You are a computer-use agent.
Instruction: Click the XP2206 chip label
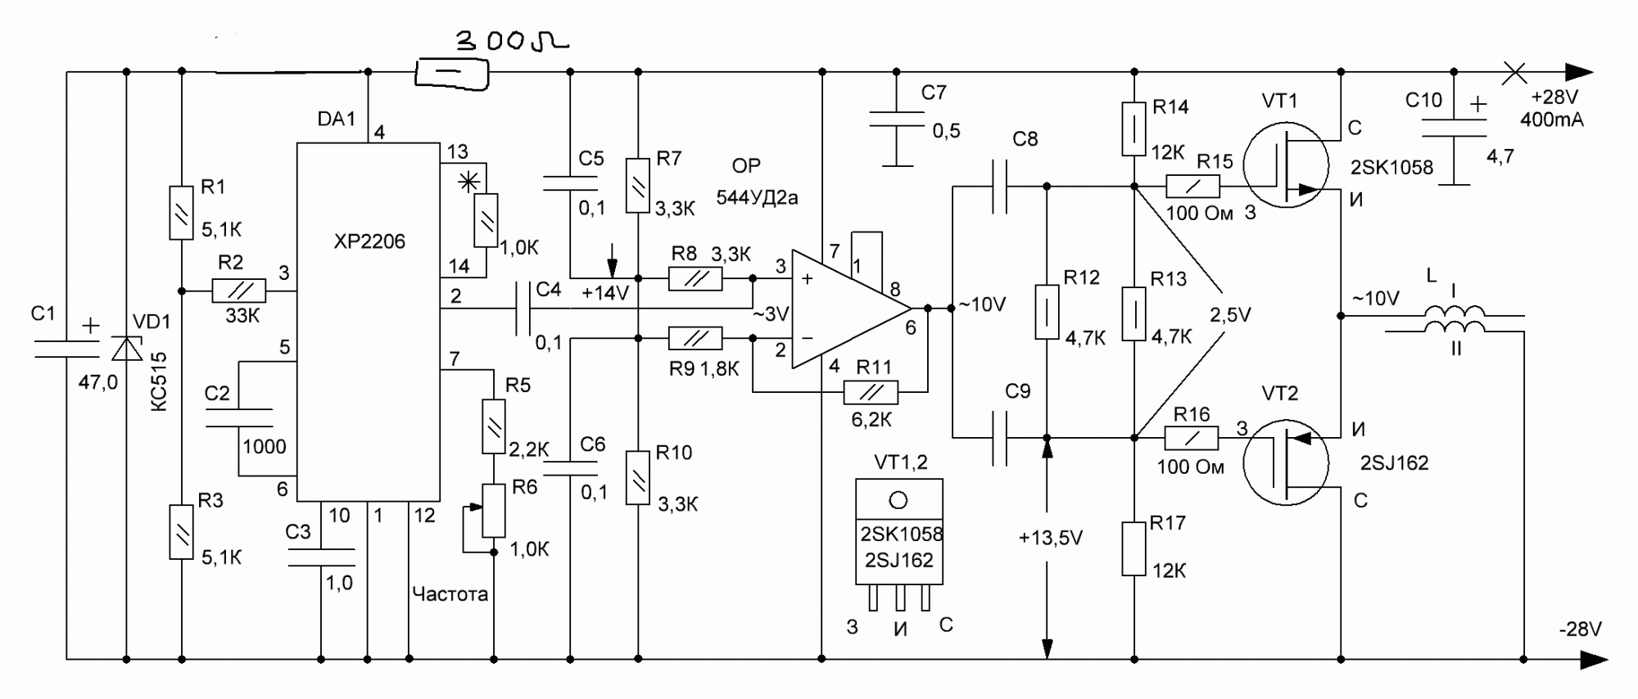pos(369,241)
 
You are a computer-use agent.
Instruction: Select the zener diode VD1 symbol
pos(126,347)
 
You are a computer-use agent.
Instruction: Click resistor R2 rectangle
pos(238,291)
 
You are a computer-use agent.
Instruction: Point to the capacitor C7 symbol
pos(898,120)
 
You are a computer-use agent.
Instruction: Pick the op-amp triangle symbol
pos(848,309)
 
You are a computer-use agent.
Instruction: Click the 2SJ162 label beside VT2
pos(1394,463)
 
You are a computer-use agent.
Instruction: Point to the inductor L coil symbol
pos(1455,321)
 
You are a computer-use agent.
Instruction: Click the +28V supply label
pos(1554,97)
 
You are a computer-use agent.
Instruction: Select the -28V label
pos(1581,629)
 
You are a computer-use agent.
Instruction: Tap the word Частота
pos(450,594)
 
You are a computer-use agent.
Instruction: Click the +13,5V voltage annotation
pos(1051,538)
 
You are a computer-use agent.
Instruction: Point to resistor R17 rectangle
pos(1133,548)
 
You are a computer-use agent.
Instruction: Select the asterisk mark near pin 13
pos(469,182)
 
